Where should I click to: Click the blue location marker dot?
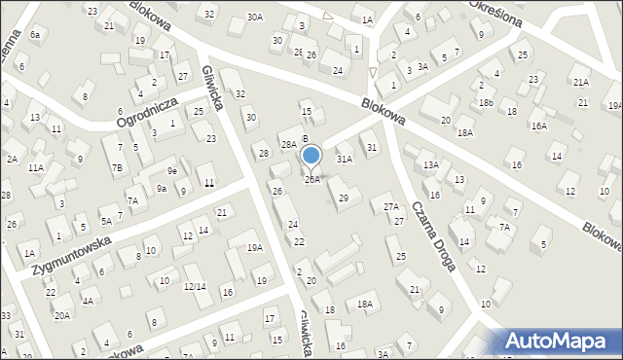pos(311,154)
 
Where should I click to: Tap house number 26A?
pos(311,179)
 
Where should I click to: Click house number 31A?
pos(344,158)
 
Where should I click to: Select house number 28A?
pos(288,144)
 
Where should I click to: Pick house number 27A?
pos(391,206)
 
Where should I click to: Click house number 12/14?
pos(195,286)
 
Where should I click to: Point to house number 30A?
pos(255,17)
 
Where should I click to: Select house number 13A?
pos(430,165)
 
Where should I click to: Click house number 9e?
pos(171,170)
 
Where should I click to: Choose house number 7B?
pos(116,167)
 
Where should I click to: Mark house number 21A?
pos(581,83)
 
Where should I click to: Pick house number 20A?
pos(61,315)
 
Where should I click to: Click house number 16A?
pos(538,126)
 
